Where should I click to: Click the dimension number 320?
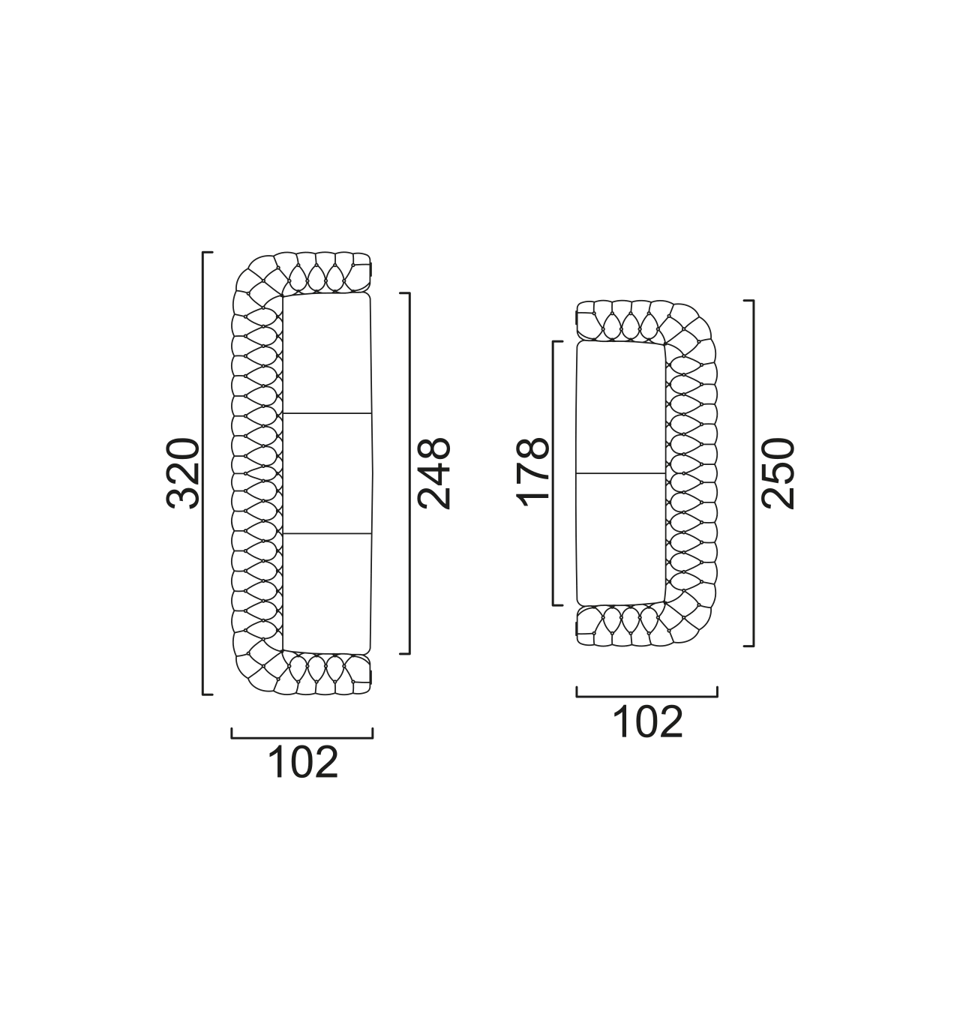(x=182, y=473)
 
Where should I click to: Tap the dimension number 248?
(x=433, y=473)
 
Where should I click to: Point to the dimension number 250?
(x=777, y=473)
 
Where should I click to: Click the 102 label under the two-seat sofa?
(x=647, y=721)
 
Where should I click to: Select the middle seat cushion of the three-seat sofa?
(x=328, y=473)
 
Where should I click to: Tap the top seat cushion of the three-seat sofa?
(x=327, y=352)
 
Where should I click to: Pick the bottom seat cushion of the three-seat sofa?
(x=327, y=594)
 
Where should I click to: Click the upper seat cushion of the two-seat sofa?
(x=620, y=406)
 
